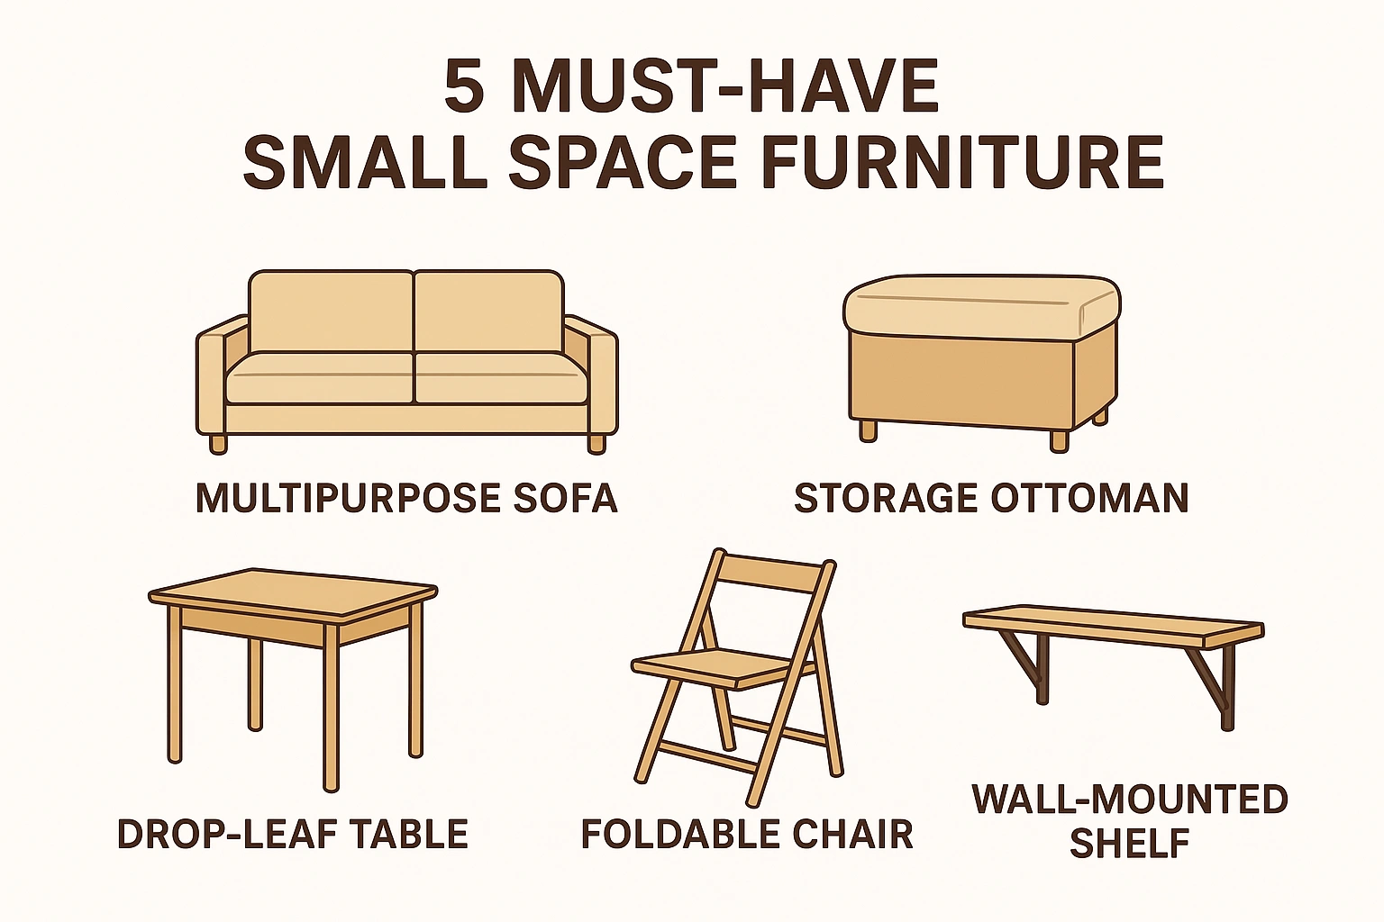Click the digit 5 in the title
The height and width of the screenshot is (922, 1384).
(x=465, y=87)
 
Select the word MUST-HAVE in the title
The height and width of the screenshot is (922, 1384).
(x=725, y=87)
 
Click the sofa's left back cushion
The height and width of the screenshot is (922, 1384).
(x=331, y=312)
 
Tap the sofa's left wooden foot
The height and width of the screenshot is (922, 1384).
(x=217, y=443)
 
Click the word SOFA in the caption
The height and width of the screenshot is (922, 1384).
(x=565, y=498)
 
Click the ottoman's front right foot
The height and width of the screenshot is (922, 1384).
(x=1060, y=440)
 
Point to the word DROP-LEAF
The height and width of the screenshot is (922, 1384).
(x=229, y=834)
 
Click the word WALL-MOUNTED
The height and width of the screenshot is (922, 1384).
(x=1130, y=800)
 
